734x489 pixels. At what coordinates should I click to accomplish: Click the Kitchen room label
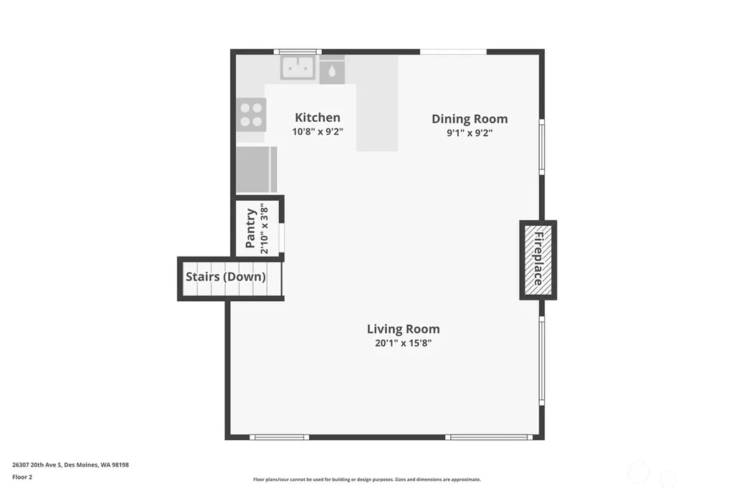(x=318, y=117)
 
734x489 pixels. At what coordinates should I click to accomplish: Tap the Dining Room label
(x=470, y=119)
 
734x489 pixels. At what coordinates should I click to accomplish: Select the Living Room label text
(x=403, y=329)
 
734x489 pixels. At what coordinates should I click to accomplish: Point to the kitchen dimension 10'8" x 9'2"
(x=318, y=132)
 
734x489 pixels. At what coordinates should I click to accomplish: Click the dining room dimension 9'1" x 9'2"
(x=470, y=133)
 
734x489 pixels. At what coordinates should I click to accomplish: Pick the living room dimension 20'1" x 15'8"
(x=403, y=343)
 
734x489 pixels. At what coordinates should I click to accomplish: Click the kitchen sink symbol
(x=297, y=67)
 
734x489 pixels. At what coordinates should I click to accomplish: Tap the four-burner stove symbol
(x=251, y=115)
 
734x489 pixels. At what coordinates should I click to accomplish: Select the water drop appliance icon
(x=332, y=72)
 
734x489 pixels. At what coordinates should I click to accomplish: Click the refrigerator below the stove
(x=256, y=169)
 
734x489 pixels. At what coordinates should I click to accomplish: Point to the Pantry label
(x=250, y=228)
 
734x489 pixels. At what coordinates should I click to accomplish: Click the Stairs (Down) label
(x=226, y=277)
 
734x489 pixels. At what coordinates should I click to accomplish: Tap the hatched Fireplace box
(x=538, y=260)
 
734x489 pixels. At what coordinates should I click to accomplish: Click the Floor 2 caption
(x=22, y=477)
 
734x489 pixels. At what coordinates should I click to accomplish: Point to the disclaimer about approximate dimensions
(x=367, y=479)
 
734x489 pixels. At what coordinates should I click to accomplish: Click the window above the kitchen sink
(x=297, y=52)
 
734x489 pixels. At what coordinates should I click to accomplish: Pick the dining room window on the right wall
(x=542, y=147)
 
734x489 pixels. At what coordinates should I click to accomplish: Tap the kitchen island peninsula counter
(x=377, y=103)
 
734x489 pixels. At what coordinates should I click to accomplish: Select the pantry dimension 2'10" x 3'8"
(x=264, y=229)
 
